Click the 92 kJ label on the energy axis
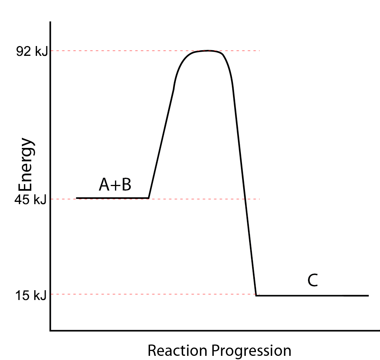tap(32, 52)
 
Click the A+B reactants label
tap(115, 185)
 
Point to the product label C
tap(313, 281)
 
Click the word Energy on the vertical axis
tap(27, 166)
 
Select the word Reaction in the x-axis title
tap(177, 351)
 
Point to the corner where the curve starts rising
tap(149, 198)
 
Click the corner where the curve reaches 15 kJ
tap(256, 295)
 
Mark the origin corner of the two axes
tap(51, 331)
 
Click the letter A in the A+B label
tap(104, 185)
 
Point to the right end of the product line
tap(368, 295)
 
